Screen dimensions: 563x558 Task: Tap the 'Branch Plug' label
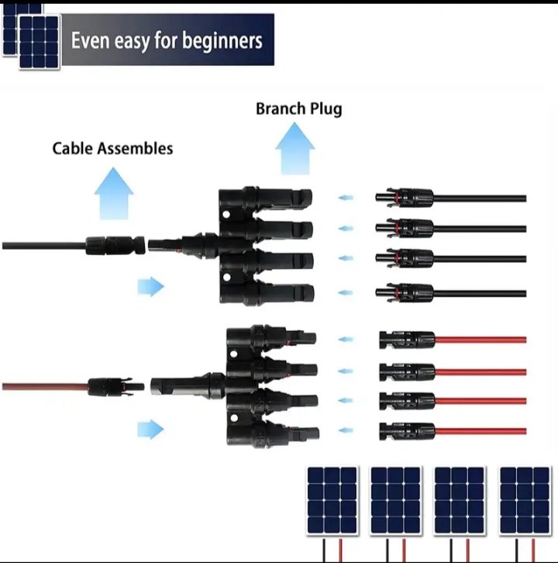[298, 109]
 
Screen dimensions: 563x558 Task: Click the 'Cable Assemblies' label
[112, 148]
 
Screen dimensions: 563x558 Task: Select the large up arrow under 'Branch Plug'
[295, 148]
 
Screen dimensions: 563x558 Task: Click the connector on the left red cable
[116, 385]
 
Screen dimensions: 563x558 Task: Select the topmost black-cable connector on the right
[404, 199]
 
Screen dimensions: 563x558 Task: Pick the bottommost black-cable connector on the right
[404, 292]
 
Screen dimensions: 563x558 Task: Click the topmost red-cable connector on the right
[407, 340]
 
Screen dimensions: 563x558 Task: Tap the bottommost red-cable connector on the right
[407, 430]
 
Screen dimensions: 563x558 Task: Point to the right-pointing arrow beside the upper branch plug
[150, 287]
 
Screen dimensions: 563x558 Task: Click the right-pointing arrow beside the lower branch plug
[150, 429]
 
